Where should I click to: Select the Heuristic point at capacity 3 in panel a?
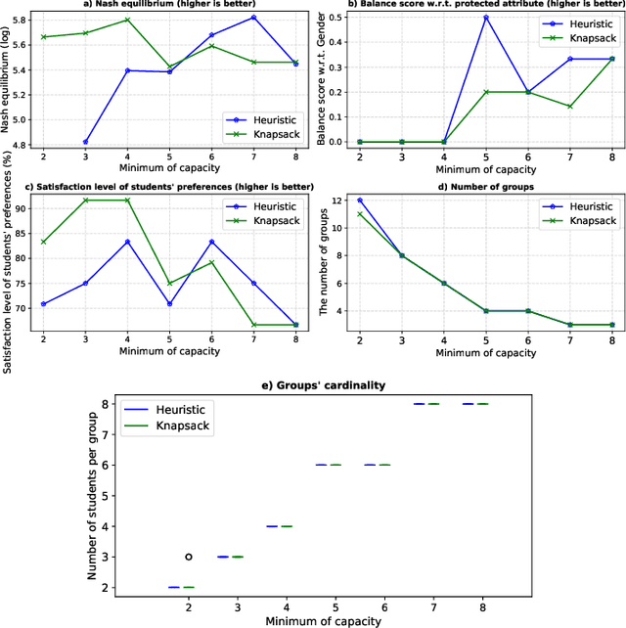click(84, 142)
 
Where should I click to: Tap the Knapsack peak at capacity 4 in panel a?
click(127, 20)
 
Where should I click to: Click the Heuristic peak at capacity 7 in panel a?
click(253, 18)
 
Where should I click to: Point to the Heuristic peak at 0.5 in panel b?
click(485, 18)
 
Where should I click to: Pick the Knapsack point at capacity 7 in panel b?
click(570, 107)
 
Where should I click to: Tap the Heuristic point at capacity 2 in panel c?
click(42, 304)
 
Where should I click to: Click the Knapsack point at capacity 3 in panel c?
click(84, 200)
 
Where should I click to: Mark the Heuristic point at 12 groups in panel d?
click(359, 200)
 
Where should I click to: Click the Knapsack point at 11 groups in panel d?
click(359, 213)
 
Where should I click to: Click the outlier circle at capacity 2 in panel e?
click(188, 557)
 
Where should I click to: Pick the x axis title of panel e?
click(334, 620)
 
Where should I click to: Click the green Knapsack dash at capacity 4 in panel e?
click(287, 526)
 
